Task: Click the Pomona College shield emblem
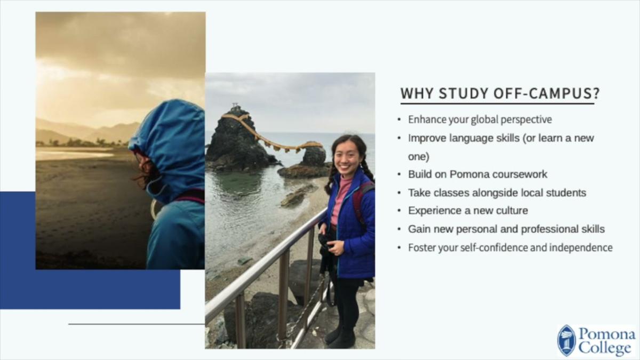(x=566, y=340)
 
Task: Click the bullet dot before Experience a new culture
(x=399, y=211)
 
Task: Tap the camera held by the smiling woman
(x=325, y=243)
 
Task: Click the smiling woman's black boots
(x=338, y=336)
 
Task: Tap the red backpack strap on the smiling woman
(x=359, y=203)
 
